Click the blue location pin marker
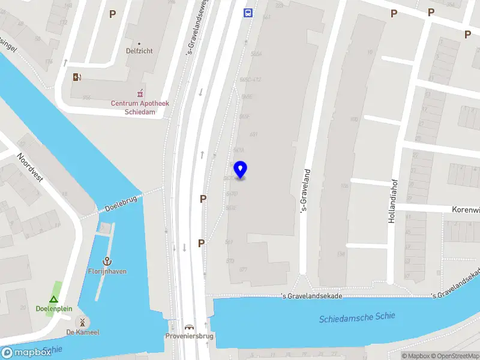[x=240, y=170]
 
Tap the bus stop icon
[x=248, y=13]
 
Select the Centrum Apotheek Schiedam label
[x=140, y=107]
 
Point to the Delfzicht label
[x=139, y=51]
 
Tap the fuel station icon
[x=76, y=77]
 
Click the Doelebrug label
[x=122, y=203]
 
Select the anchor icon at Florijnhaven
[x=107, y=261]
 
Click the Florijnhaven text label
[x=107, y=272]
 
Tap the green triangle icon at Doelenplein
[x=53, y=299]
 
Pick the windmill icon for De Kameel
[x=82, y=322]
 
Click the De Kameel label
[x=82, y=332]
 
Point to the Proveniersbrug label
[x=190, y=337]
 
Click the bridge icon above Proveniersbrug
[x=190, y=327]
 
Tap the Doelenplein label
[x=53, y=309]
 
